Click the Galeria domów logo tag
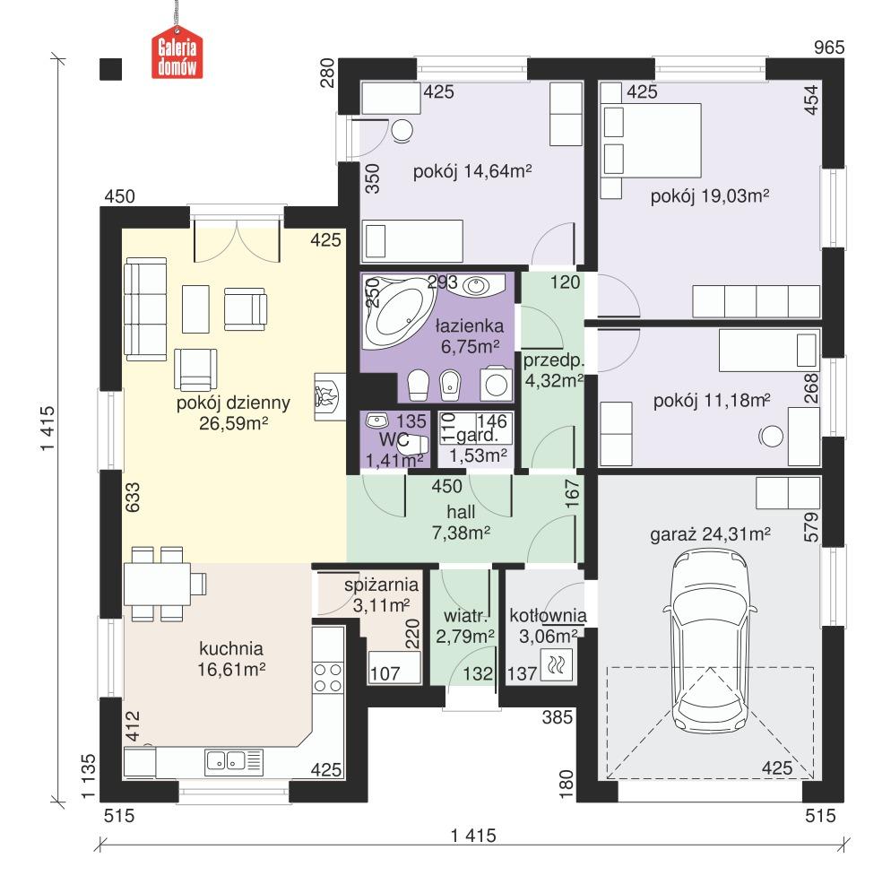[x=177, y=56]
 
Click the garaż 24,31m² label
[x=711, y=535]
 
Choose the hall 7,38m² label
[x=461, y=523]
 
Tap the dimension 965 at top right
[x=829, y=48]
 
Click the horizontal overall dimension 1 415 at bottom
[x=472, y=836]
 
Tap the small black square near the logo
[x=110, y=69]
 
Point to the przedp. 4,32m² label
[x=553, y=369]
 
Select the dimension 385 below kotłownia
[x=557, y=717]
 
